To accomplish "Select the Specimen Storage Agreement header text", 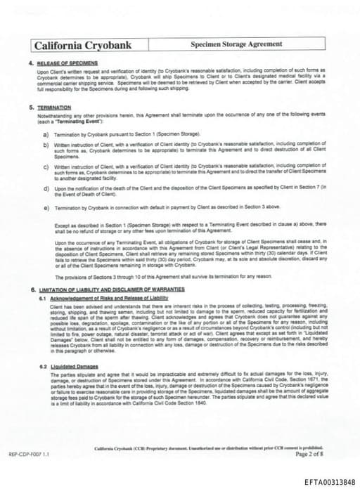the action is click(x=236, y=44).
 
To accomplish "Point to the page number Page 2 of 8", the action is click(x=310, y=454).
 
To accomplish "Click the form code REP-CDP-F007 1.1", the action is click(x=29, y=455).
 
